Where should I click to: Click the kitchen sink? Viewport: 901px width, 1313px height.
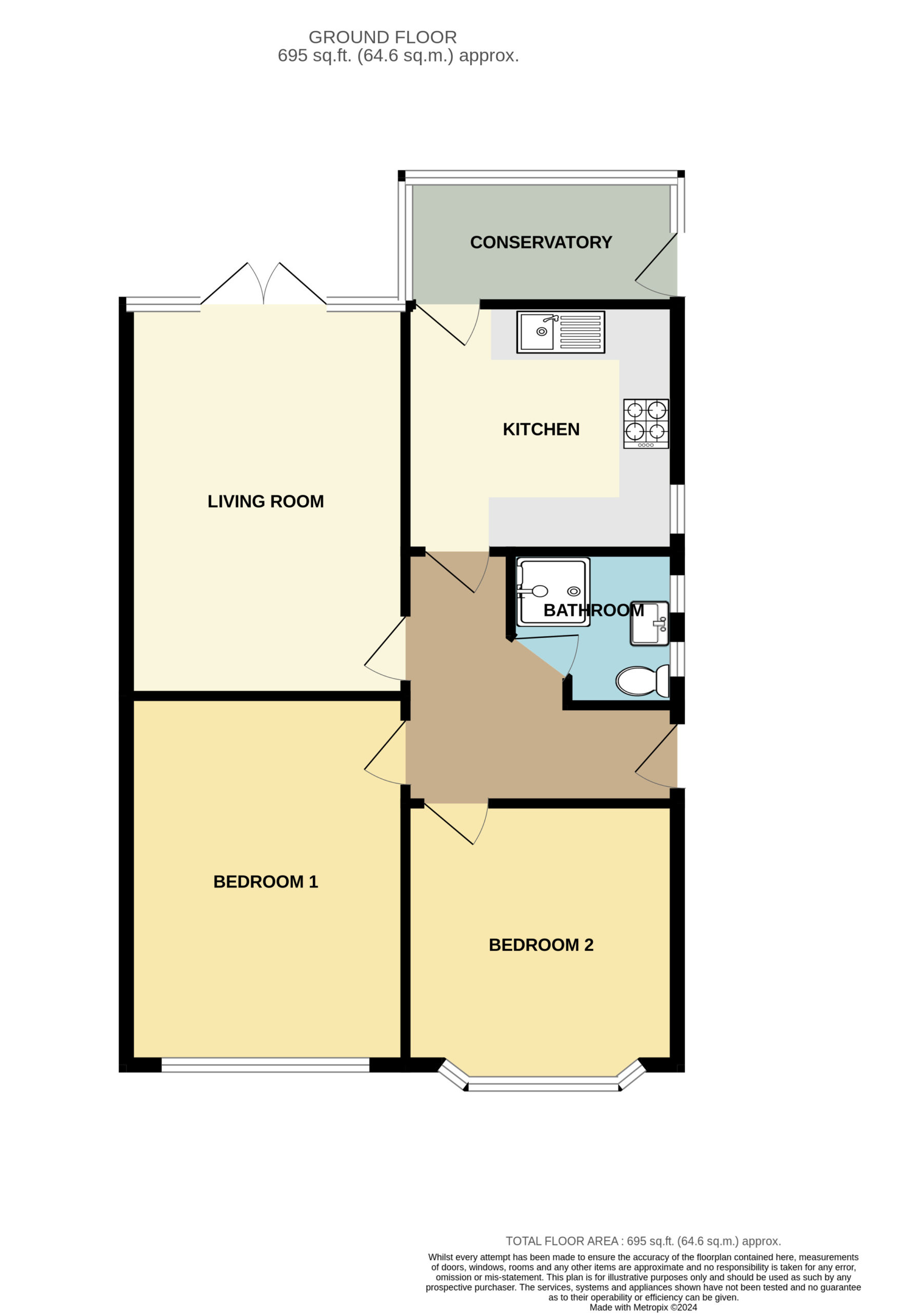[x=560, y=332]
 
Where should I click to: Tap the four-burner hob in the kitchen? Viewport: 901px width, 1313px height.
[x=646, y=424]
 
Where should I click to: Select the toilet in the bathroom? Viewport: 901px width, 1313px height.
[x=642, y=681]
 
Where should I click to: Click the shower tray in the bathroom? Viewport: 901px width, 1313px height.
[x=553, y=592]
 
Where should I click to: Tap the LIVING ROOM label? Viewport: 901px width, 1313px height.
[x=266, y=502]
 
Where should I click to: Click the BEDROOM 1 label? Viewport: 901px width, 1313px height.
[x=266, y=882]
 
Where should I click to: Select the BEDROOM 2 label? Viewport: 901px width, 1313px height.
[x=540, y=945]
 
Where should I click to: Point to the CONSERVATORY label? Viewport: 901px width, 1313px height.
[x=540, y=243]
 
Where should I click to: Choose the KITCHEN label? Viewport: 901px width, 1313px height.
[x=540, y=429]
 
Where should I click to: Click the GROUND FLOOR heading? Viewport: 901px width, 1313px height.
[x=383, y=37]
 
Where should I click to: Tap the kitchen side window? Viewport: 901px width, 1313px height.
[x=677, y=508]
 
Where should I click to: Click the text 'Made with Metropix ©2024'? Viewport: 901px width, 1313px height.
[x=643, y=1307]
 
